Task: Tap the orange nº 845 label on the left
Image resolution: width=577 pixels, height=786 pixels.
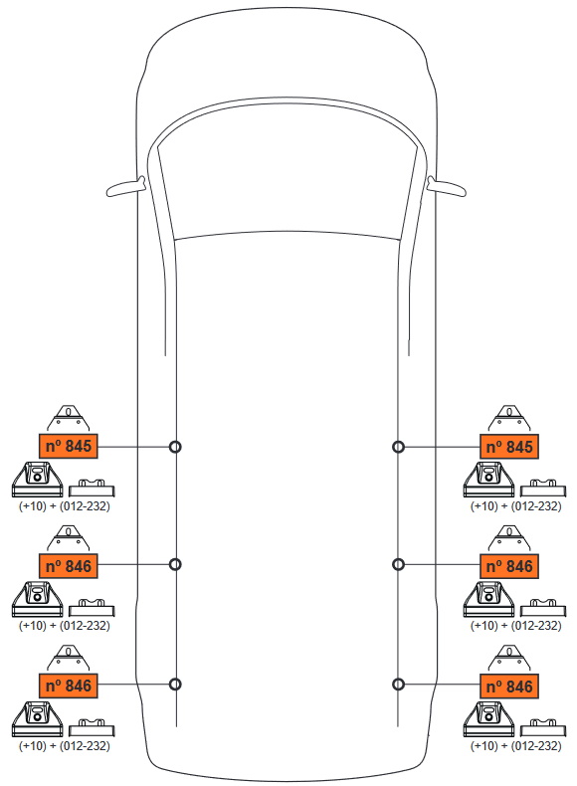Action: tap(69, 446)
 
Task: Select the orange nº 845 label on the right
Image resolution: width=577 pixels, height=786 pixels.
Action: tap(508, 446)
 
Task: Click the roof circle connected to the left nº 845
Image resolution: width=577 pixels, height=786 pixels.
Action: tap(175, 447)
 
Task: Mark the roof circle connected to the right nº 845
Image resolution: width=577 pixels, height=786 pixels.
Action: tap(398, 447)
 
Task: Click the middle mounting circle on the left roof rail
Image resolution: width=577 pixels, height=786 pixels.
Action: tap(175, 564)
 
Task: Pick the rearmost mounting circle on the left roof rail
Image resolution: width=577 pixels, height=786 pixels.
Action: tap(175, 685)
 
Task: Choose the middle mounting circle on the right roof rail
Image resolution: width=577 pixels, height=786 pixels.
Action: tap(398, 564)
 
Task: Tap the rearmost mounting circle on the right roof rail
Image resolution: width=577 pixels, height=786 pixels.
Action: tap(398, 685)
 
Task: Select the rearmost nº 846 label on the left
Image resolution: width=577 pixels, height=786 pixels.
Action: tap(69, 686)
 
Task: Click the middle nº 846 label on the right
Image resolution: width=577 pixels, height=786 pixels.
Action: tap(508, 566)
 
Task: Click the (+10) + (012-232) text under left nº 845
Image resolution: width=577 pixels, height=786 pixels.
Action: tap(65, 505)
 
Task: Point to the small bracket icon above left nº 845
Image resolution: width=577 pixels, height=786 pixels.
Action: tap(69, 418)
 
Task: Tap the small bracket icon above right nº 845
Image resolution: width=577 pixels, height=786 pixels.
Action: tap(509, 418)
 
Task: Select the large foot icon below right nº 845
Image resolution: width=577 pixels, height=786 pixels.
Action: tap(488, 480)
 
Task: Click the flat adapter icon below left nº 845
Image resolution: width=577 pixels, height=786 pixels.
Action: tap(92, 488)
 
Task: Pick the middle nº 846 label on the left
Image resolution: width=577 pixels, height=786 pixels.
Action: tap(69, 565)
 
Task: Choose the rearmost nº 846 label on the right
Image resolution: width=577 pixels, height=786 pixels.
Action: tap(508, 687)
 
